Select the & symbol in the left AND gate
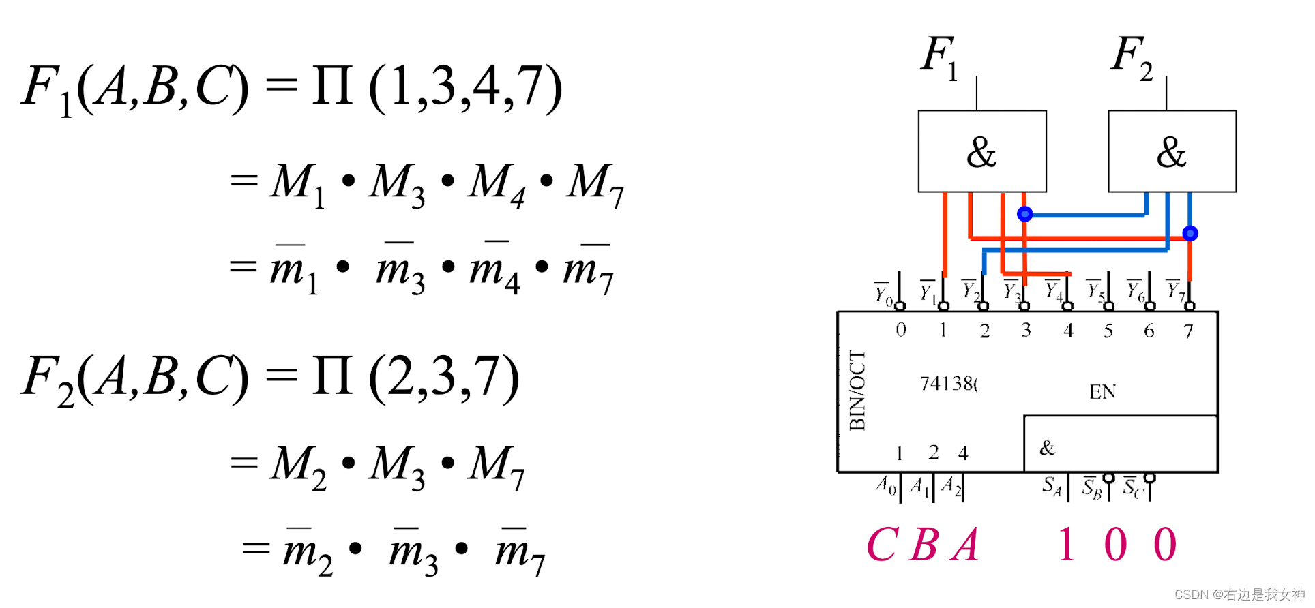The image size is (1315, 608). point(981,152)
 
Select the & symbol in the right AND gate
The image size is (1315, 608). point(1172,152)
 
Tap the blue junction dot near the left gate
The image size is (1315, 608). point(1024,214)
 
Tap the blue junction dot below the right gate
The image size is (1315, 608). point(1190,233)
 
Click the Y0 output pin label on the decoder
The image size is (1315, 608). point(883,294)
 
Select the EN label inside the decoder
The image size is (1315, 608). point(1102,392)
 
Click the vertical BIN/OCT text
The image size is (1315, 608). point(857,391)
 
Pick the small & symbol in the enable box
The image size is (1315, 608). point(1047,448)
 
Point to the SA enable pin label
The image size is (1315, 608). point(1052,486)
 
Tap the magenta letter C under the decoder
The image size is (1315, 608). point(882,545)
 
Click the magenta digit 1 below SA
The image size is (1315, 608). point(1067,545)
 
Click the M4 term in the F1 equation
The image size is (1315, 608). point(496,183)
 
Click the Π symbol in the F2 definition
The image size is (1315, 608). point(333,377)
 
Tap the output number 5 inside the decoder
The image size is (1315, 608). point(1108,331)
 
